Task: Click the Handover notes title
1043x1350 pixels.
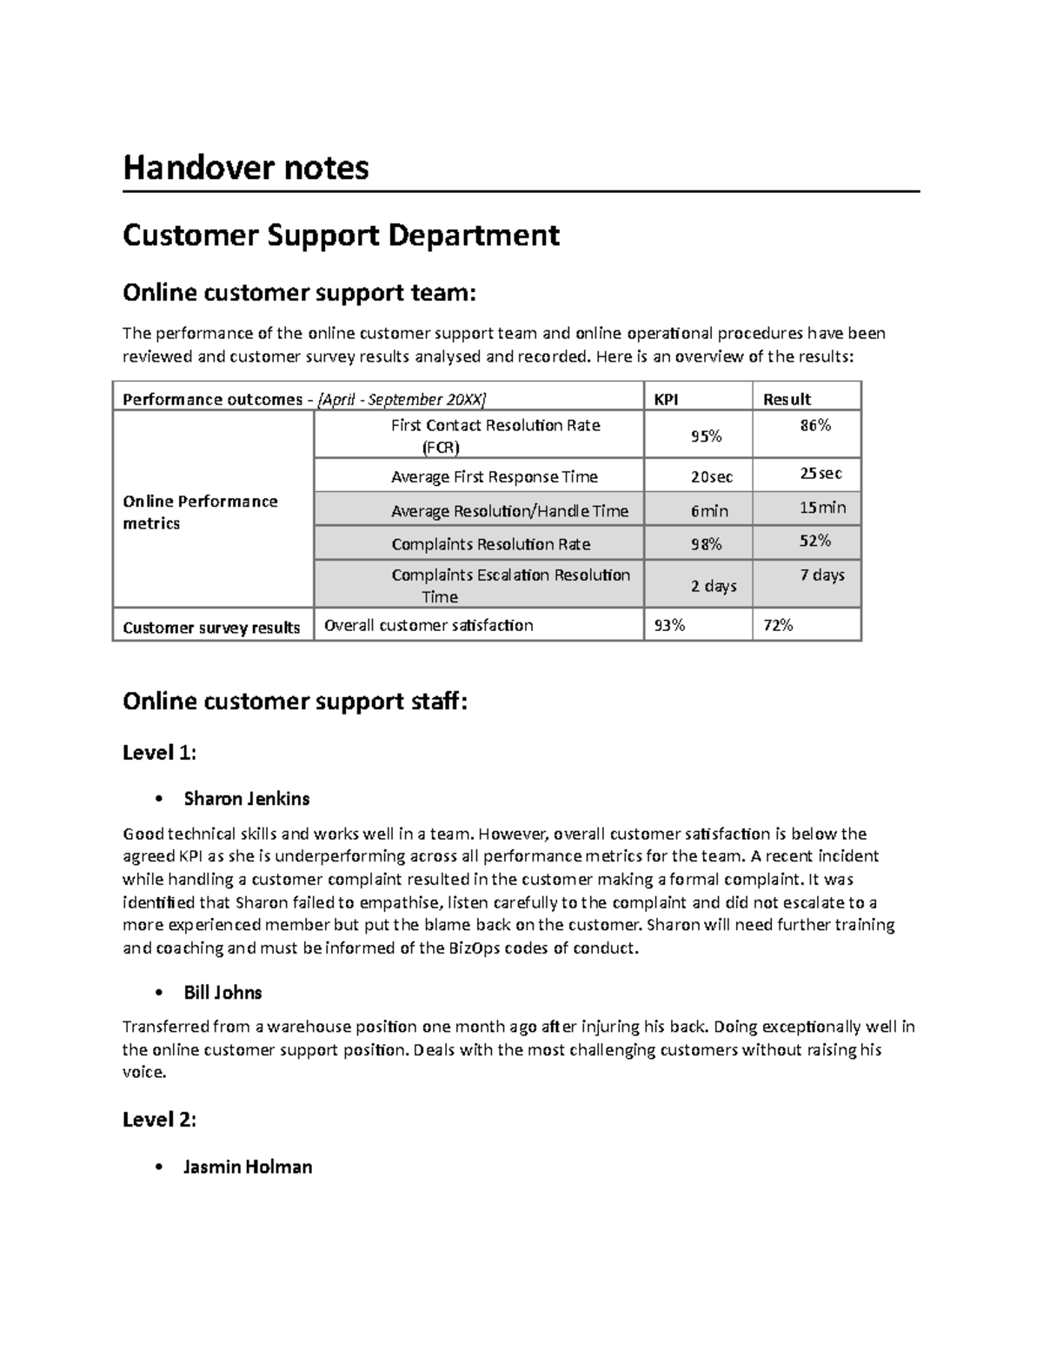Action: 246,167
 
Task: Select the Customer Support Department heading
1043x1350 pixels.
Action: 341,235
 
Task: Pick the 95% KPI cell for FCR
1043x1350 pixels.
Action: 706,436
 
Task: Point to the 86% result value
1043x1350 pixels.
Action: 815,425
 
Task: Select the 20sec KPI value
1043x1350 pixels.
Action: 711,477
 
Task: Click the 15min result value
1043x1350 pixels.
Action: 821,508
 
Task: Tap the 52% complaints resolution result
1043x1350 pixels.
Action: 815,541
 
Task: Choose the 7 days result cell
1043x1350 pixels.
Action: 821,575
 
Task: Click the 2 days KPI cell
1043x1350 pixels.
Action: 714,586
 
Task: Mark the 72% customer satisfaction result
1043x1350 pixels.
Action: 778,625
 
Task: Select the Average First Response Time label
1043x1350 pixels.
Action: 494,477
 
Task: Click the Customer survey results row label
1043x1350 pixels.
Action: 211,628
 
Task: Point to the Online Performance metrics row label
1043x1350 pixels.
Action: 200,512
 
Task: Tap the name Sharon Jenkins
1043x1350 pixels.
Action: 246,798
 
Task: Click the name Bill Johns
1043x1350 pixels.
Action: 223,993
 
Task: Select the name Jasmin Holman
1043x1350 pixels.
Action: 247,1167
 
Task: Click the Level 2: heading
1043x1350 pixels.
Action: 159,1120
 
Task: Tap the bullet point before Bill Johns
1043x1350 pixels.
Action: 158,993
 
